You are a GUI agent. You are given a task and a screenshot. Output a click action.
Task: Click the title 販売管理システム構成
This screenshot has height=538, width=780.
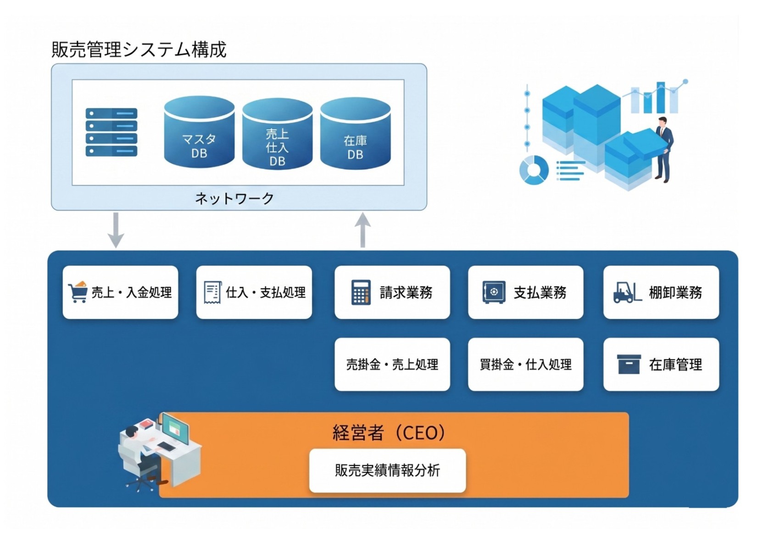(139, 49)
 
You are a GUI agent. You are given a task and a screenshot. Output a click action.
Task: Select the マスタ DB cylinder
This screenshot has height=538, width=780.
(199, 132)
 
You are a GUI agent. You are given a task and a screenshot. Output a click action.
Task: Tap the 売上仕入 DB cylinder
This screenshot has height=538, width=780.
(277, 134)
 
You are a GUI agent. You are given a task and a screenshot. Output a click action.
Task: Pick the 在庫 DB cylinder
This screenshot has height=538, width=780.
(355, 134)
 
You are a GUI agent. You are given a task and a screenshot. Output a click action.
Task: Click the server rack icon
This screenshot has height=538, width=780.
(111, 132)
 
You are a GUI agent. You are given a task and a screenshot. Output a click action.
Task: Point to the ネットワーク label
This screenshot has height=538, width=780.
(234, 198)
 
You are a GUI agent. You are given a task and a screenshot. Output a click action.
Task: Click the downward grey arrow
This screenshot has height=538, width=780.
(116, 230)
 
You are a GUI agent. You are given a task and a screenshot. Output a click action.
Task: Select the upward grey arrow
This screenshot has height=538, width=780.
(362, 230)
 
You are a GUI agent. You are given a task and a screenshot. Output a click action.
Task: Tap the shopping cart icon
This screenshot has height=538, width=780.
(77, 292)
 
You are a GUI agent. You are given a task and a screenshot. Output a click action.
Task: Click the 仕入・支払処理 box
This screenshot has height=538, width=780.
(254, 292)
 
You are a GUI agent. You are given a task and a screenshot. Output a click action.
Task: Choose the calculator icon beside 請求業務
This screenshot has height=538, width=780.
(361, 292)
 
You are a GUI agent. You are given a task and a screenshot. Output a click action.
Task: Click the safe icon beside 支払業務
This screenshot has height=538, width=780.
(494, 292)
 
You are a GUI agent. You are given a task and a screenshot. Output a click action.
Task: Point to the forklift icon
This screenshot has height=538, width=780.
(627, 292)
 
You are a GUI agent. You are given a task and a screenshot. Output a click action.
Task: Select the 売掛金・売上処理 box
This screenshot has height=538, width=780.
(392, 364)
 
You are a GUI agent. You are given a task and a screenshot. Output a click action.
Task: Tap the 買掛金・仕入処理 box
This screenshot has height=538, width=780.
(525, 364)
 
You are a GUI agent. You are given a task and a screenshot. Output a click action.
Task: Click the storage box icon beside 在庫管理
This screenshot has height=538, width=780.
(629, 364)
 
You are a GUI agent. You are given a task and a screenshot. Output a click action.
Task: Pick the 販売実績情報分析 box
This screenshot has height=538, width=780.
(387, 471)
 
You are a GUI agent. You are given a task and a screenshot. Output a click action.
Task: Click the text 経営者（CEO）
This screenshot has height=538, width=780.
(389, 433)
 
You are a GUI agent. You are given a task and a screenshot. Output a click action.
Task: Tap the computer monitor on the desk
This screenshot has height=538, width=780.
(175, 429)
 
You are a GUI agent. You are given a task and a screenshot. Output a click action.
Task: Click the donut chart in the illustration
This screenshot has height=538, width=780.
(534, 170)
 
